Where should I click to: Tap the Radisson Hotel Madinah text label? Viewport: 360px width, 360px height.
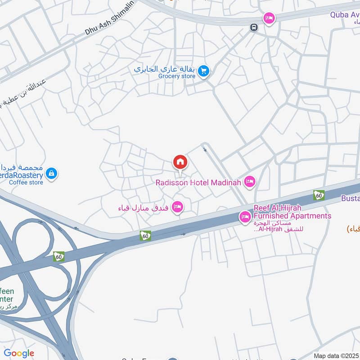pos(198,182)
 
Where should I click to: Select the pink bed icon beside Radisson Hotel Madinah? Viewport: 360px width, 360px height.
pos(249,182)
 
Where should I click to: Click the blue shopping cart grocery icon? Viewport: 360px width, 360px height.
pos(204,71)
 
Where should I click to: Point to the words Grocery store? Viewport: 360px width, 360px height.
pos(176,76)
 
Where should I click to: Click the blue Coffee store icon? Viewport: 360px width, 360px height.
pos(52,173)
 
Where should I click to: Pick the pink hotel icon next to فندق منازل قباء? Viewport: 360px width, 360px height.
pos(178,207)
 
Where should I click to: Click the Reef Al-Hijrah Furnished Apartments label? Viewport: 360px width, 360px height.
pos(292,212)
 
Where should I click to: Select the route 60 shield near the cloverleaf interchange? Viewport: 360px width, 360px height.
pos(58,256)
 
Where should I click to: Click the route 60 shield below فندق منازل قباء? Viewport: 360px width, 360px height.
pos(145,235)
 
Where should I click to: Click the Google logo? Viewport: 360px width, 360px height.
pos(19,353)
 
